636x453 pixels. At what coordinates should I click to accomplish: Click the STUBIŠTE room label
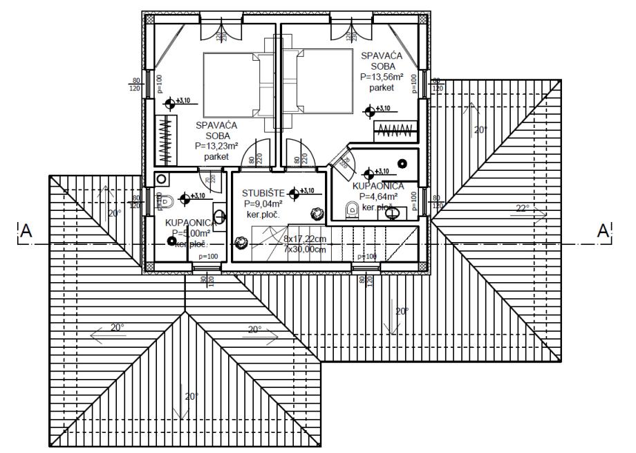259,193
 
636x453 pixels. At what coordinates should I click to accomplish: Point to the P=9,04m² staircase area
263,204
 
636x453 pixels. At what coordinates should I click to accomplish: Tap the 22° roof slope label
523,207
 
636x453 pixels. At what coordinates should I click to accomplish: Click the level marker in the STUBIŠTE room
296,192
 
